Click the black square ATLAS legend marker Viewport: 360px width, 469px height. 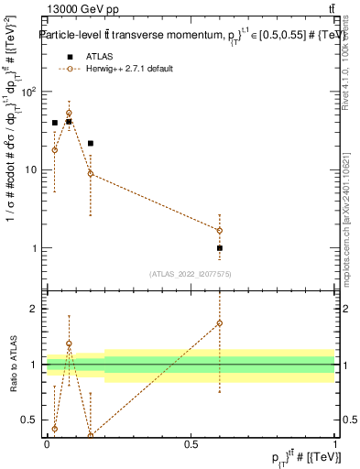click(x=70, y=58)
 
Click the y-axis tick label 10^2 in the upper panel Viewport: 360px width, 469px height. click(x=30, y=92)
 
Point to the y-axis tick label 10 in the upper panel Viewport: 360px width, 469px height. click(x=33, y=170)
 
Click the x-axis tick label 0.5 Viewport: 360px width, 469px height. click(x=191, y=445)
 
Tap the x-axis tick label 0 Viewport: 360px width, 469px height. click(x=47, y=445)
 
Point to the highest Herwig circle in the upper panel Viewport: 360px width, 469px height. click(x=69, y=114)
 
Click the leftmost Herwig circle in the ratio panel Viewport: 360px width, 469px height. click(x=54, y=428)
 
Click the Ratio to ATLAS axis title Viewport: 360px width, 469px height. click(x=13, y=365)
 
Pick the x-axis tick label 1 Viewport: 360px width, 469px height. click(x=335, y=445)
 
